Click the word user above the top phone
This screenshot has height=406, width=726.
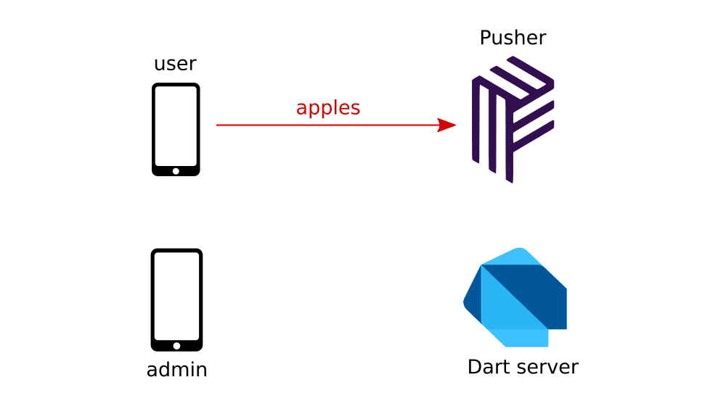click(175, 64)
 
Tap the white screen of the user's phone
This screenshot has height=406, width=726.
click(176, 126)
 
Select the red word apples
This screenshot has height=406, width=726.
click(328, 108)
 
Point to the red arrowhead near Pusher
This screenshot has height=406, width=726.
click(446, 125)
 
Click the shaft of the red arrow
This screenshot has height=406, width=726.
click(327, 125)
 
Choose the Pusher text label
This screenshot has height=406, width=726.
click(513, 38)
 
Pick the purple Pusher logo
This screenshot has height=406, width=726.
click(513, 119)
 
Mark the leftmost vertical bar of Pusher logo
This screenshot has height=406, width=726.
click(476, 120)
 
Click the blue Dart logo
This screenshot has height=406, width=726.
click(515, 297)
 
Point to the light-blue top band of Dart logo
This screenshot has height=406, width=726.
click(512, 256)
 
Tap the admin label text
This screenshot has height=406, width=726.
click(176, 370)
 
